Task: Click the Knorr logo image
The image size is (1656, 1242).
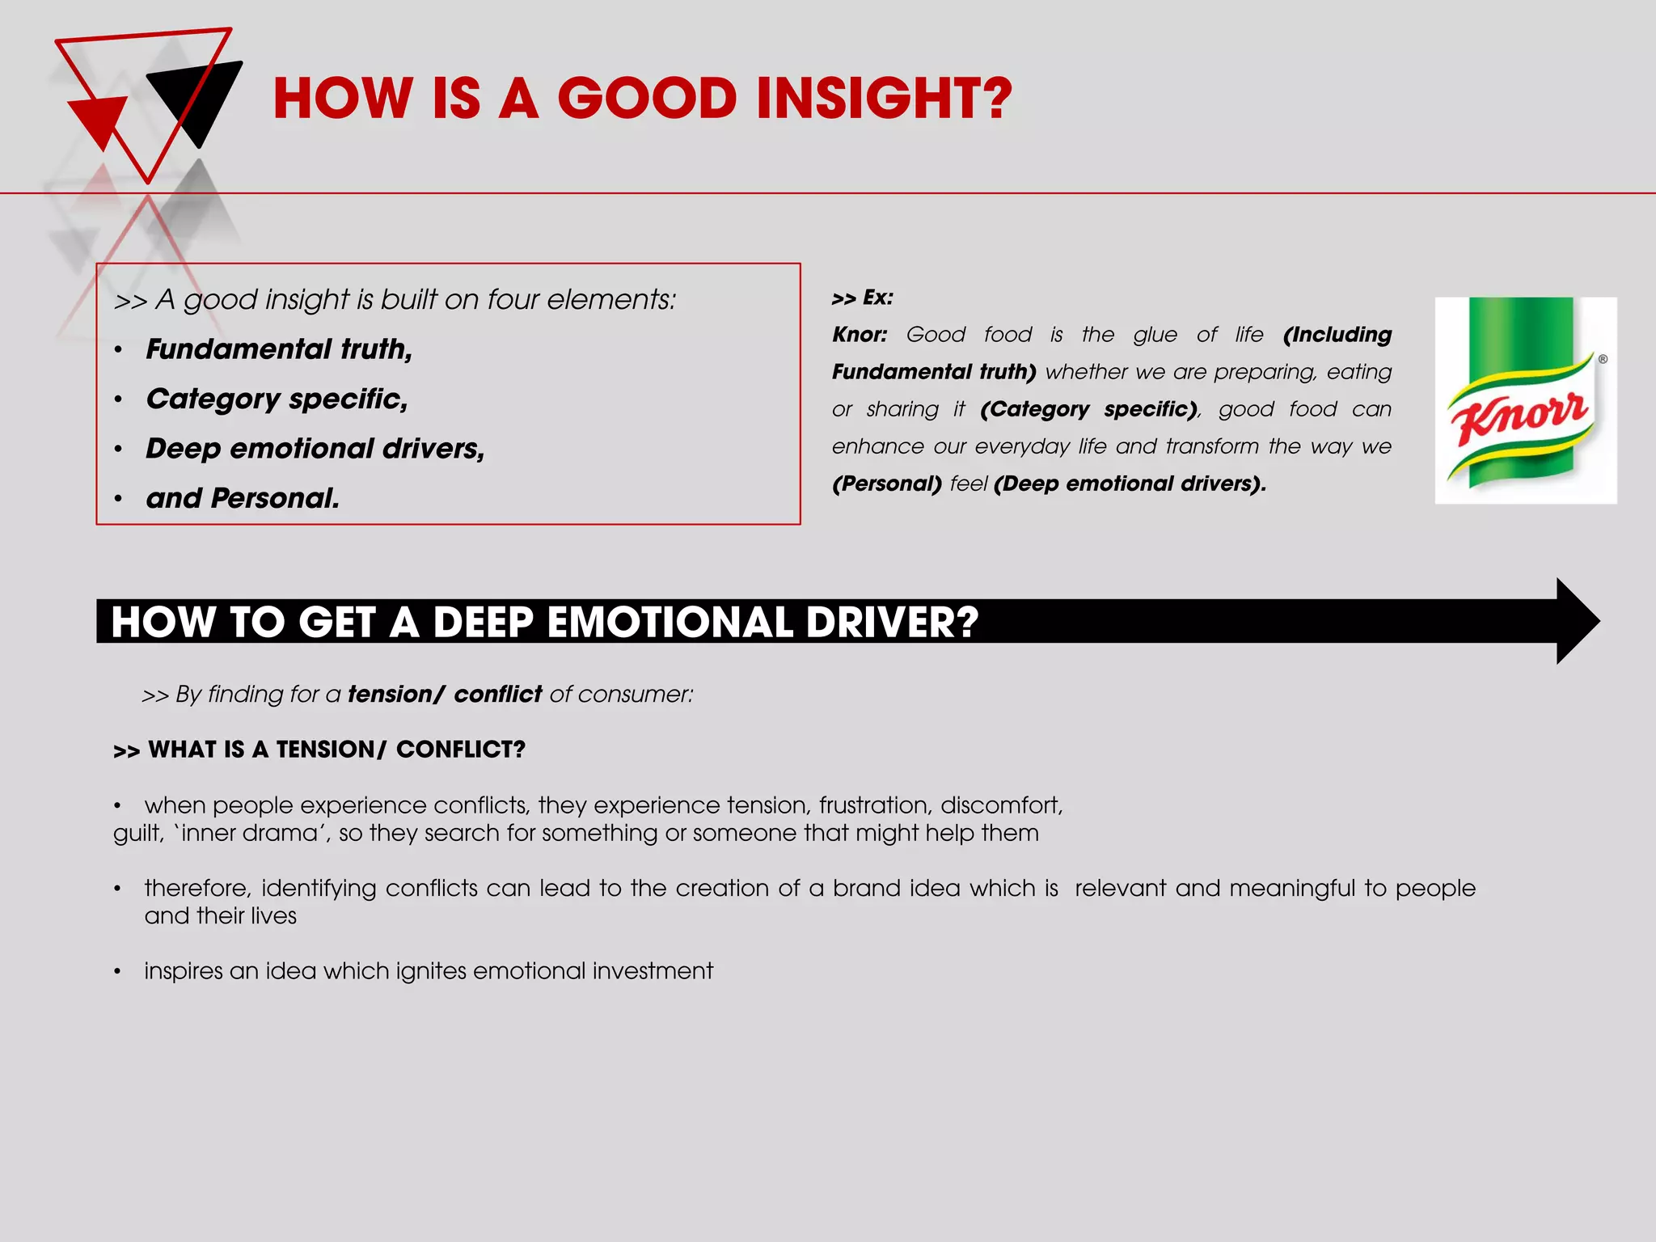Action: coord(1525,400)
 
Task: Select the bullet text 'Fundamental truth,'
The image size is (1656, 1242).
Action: coord(279,349)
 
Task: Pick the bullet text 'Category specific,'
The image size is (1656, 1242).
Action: coord(277,399)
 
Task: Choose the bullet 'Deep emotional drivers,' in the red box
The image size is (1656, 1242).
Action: coord(315,449)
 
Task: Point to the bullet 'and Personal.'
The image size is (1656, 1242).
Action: coord(243,498)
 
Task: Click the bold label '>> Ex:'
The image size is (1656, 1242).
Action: coord(862,298)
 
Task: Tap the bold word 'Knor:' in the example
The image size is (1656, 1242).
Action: coord(860,335)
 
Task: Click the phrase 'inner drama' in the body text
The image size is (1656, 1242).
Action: coord(250,833)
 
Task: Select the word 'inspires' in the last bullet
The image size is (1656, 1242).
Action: coord(183,971)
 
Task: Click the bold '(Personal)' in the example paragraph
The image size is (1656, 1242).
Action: coord(887,484)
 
